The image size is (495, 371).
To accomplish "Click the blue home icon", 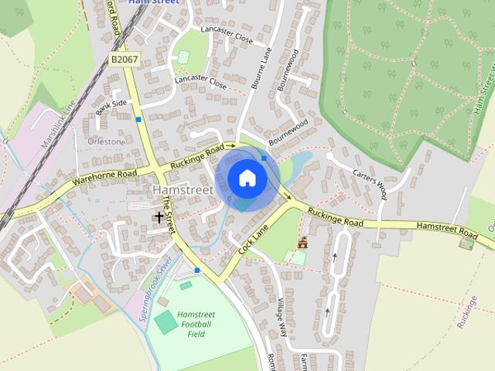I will click(x=247, y=179).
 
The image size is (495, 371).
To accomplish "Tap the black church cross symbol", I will click(x=159, y=219).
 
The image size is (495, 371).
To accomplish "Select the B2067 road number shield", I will click(x=124, y=60).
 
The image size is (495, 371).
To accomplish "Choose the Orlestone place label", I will click(x=106, y=142).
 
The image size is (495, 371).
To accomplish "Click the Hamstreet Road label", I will click(x=447, y=229).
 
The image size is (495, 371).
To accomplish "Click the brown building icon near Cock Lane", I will click(x=302, y=243).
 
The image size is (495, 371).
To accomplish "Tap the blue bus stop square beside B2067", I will click(x=138, y=119).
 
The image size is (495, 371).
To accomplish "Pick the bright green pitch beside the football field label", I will click(x=165, y=322).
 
